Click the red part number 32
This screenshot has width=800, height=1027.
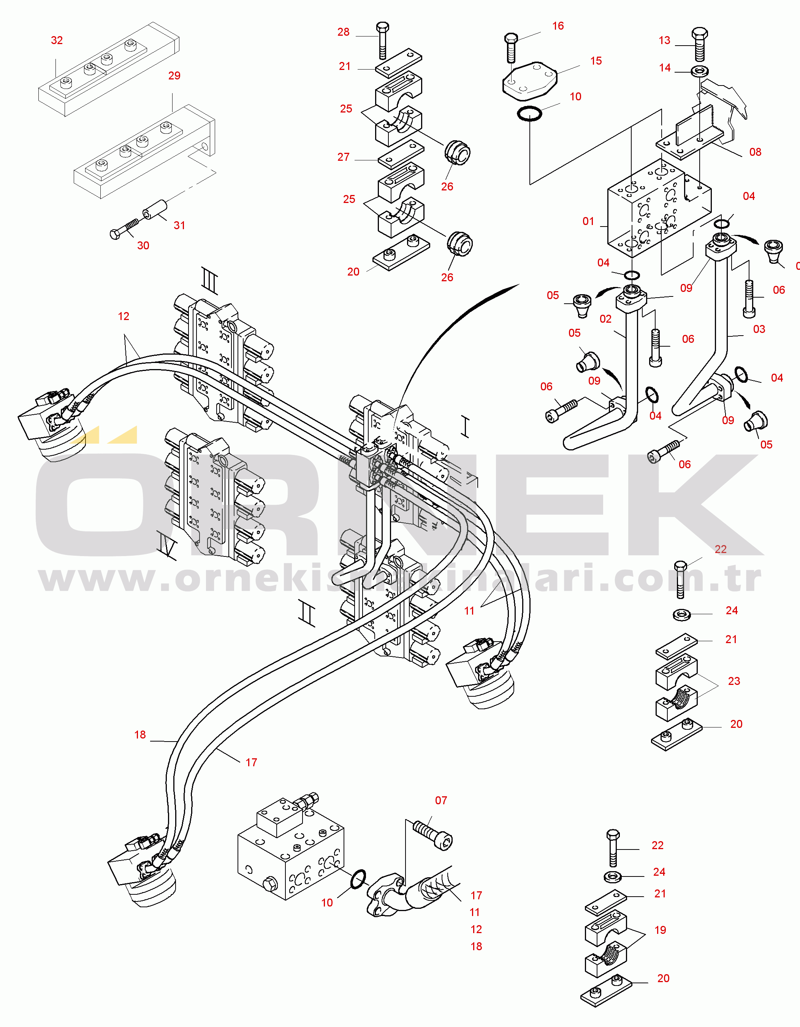tap(57, 40)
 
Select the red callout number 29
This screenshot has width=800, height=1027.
tap(174, 76)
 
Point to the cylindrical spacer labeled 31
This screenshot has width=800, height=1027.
tap(155, 210)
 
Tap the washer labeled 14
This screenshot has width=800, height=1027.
tap(700, 72)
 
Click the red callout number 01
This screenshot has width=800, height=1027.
tap(588, 222)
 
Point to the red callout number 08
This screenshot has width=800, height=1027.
tap(755, 152)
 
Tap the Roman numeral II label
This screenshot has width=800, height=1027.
tap(307, 613)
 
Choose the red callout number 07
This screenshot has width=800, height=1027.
tap(441, 800)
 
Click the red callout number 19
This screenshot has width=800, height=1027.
tap(660, 930)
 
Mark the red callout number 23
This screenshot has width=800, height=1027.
tap(734, 681)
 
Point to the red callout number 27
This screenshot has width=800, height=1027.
tap(343, 157)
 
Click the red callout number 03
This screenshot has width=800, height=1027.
tap(759, 329)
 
